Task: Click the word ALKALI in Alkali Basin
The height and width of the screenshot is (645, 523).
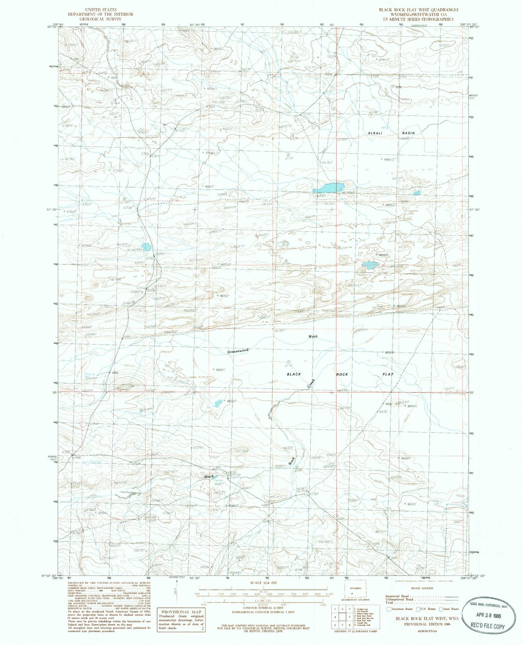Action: (x=375, y=133)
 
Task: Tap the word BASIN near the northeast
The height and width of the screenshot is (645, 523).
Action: (x=408, y=133)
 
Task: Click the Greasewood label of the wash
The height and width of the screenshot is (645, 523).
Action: (x=238, y=351)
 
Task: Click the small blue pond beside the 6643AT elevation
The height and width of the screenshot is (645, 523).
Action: (x=218, y=403)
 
